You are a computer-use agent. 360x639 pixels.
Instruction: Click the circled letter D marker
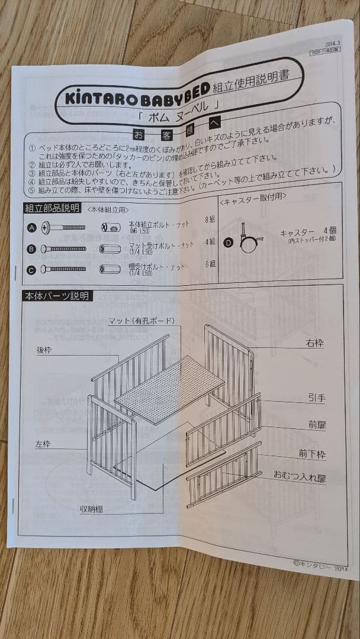coord(228,242)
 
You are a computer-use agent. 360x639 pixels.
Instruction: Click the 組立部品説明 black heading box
coord(52,208)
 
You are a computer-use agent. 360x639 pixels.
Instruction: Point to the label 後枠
coord(44,350)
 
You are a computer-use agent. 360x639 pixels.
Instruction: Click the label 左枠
coord(43,444)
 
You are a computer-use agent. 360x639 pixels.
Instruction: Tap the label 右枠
coord(314,343)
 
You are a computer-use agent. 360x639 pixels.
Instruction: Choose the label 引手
coord(316,398)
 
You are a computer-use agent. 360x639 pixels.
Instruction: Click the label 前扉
coord(317,425)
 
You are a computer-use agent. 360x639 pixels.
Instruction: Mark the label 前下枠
coord(312,454)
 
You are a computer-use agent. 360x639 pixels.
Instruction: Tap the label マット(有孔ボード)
coord(142,321)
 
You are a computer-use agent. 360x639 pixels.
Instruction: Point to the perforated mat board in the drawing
coord(169,388)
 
